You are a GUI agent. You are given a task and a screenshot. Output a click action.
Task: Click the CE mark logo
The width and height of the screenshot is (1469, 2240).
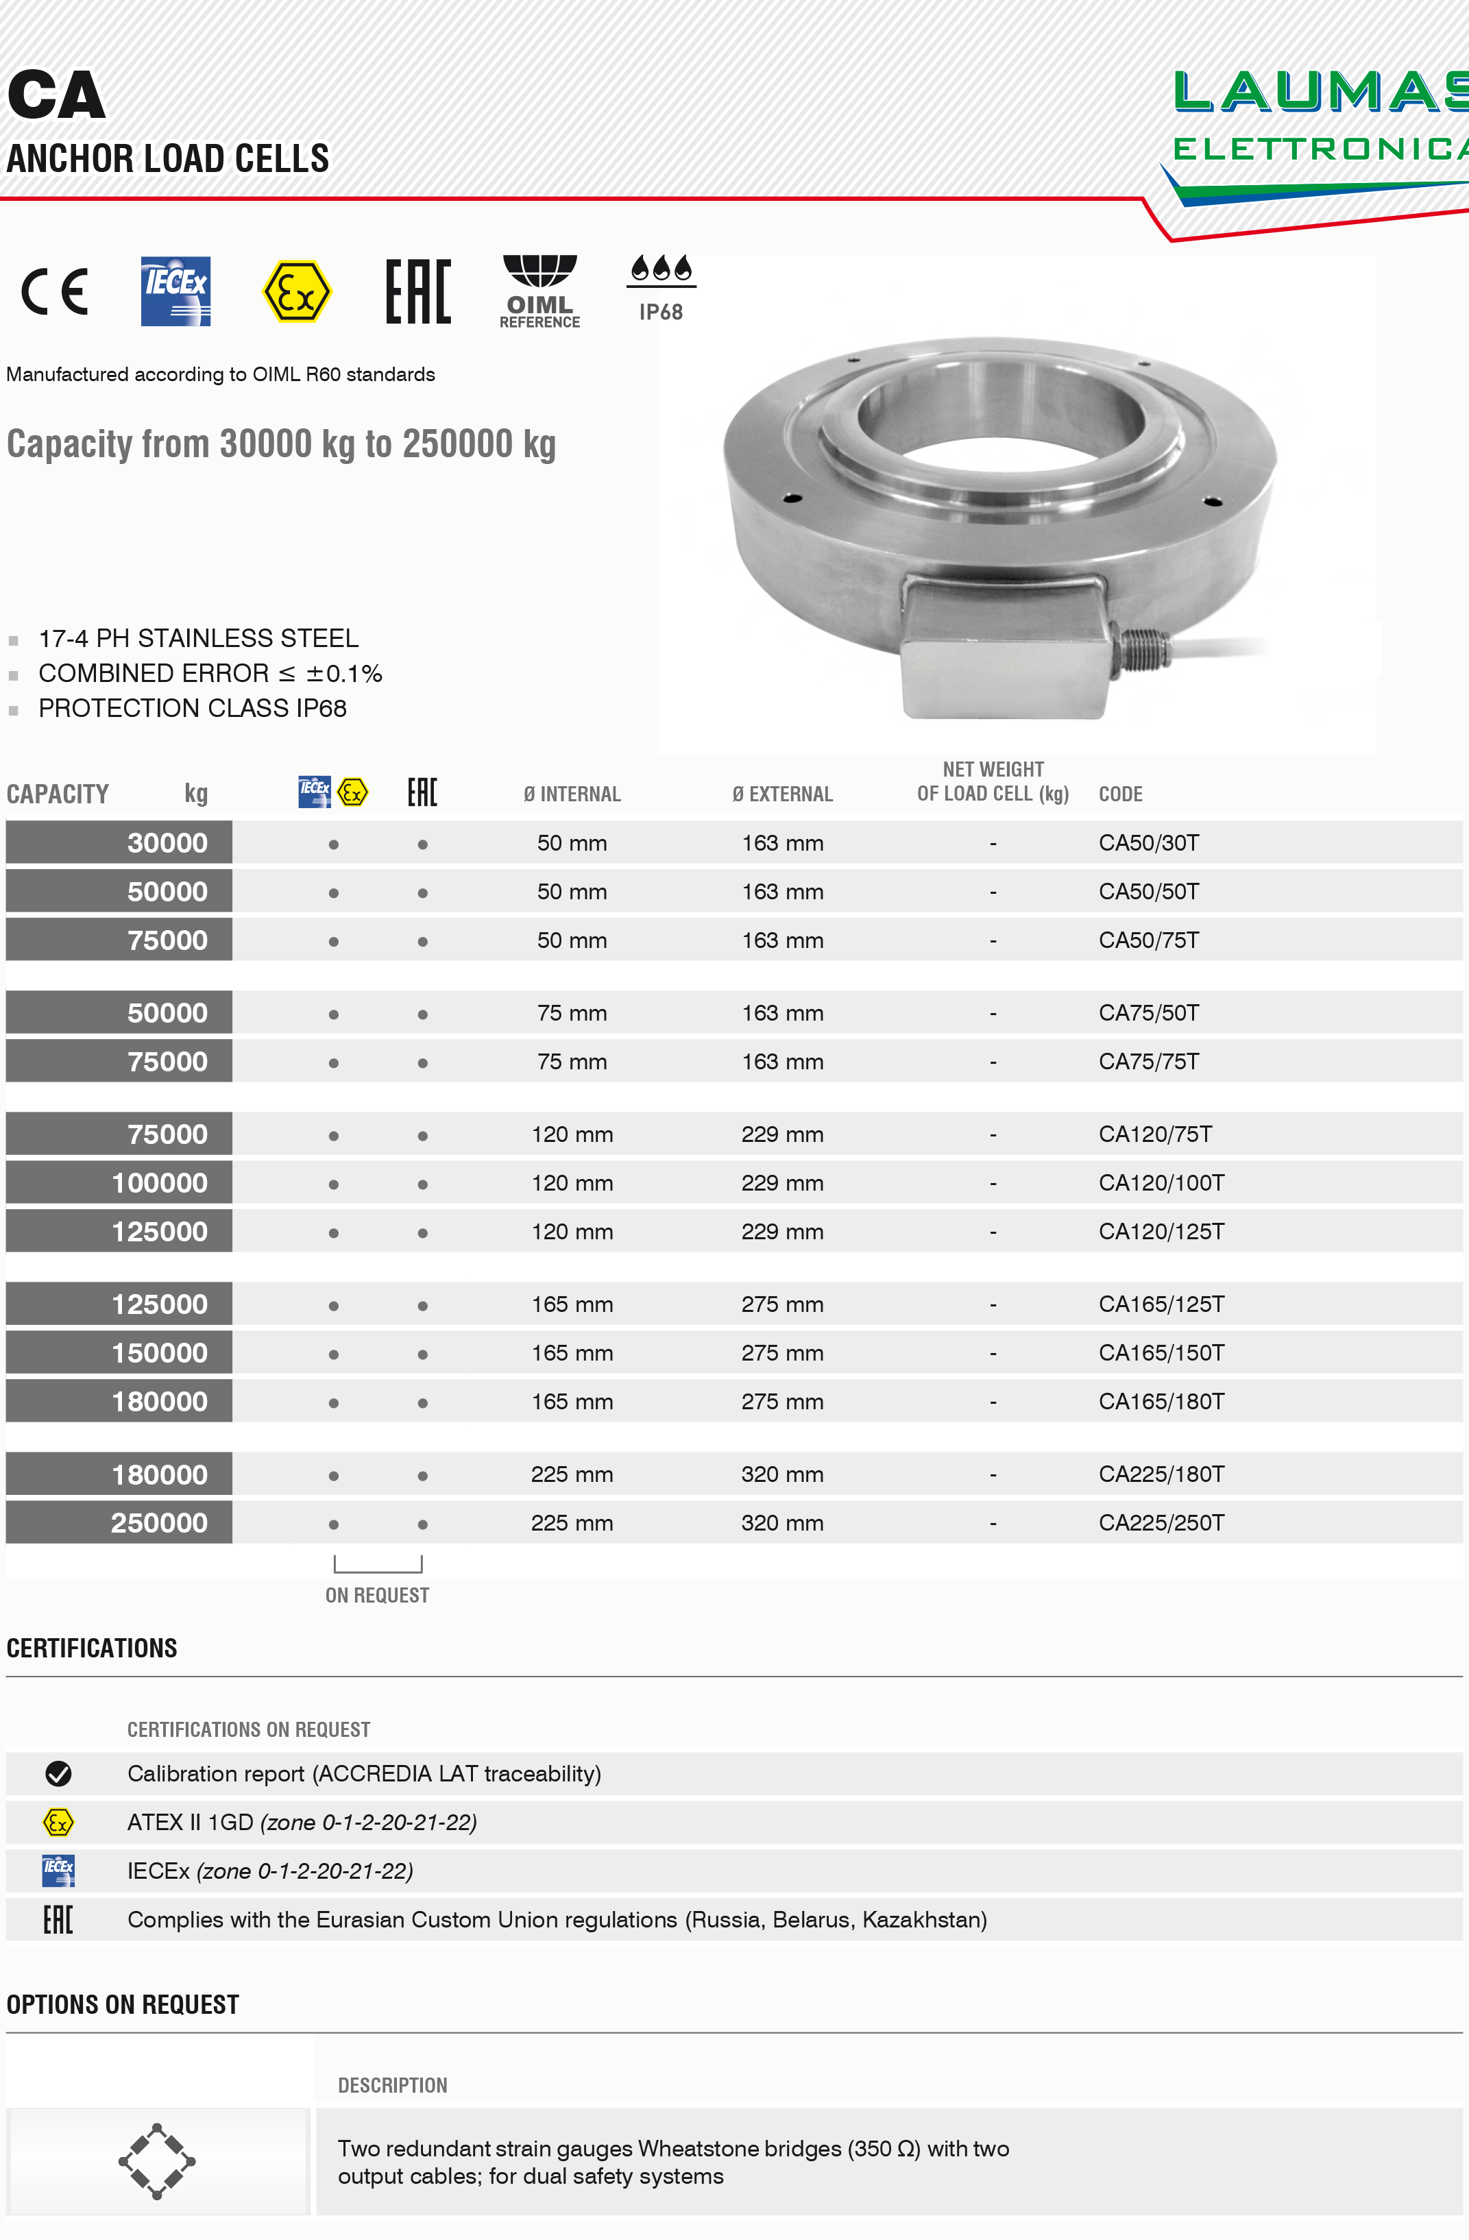click(x=55, y=291)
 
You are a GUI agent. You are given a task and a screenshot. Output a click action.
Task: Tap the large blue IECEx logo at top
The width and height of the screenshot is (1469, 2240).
click(x=176, y=291)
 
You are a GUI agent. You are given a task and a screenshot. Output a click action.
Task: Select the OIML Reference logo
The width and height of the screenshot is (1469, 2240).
click(x=539, y=291)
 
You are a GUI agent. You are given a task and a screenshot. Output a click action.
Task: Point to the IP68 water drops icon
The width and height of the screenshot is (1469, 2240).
click(x=661, y=269)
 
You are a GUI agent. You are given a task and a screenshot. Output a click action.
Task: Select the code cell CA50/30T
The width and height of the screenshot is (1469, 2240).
click(x=1148, y=843)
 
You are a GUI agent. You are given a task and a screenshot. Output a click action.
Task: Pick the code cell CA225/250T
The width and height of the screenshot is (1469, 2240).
click(x=1161, y=1523)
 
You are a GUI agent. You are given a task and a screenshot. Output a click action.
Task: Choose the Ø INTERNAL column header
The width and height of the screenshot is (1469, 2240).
click(x=572, y=794)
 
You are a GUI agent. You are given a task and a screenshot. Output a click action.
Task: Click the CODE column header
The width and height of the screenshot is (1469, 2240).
click(x=1120, y=794)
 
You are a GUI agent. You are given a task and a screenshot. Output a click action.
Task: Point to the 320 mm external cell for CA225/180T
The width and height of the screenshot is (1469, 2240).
click(x=782, y=1475)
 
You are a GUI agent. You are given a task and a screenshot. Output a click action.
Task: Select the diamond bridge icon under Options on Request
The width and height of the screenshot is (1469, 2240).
click(x=156, y=2161)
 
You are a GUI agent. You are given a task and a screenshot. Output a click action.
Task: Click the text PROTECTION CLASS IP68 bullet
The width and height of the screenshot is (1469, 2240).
click(x=192, y=709)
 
